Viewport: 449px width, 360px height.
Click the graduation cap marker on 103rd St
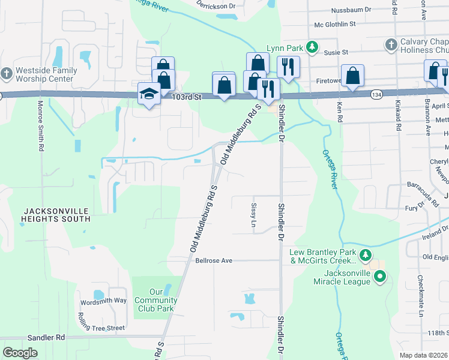(148, 93)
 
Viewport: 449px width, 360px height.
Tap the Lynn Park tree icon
(312, 46)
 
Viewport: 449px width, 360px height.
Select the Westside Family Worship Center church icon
(7, 73)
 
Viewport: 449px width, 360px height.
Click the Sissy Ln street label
(253, 218)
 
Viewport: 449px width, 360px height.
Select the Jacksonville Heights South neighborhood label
(56, 215)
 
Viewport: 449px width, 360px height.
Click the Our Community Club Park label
(155, 301)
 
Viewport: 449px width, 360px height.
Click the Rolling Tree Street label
(101, 328)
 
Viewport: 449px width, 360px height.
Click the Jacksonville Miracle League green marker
(379, 277)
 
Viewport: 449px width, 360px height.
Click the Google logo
(20, 352)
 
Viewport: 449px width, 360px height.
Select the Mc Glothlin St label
(335, 25)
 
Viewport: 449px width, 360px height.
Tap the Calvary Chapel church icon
(391, 44)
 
